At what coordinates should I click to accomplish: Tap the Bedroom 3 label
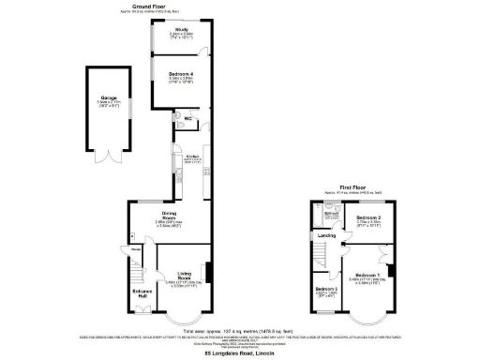point(326,289)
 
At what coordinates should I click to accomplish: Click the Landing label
point(324,234)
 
